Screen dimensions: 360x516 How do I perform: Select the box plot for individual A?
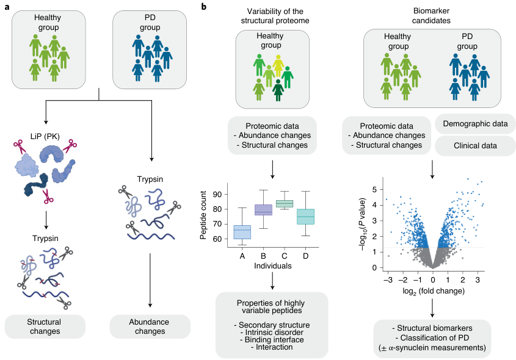click(x=242, y=232)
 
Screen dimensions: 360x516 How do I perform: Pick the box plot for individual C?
click(x=285, y=203)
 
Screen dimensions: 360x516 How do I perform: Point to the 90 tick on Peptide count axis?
click(x=216, y=194)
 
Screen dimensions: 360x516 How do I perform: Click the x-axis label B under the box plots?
click(x=263, y=256)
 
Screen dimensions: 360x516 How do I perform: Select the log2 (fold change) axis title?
click(x=432, y=293)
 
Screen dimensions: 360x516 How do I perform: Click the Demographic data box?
click(x=474, y=124)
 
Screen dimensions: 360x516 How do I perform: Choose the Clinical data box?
click(x=474, y=146)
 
